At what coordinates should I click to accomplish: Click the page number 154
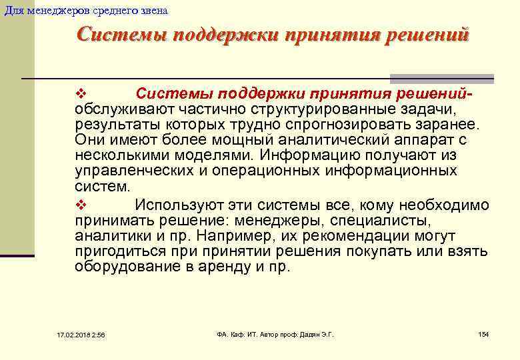483,333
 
